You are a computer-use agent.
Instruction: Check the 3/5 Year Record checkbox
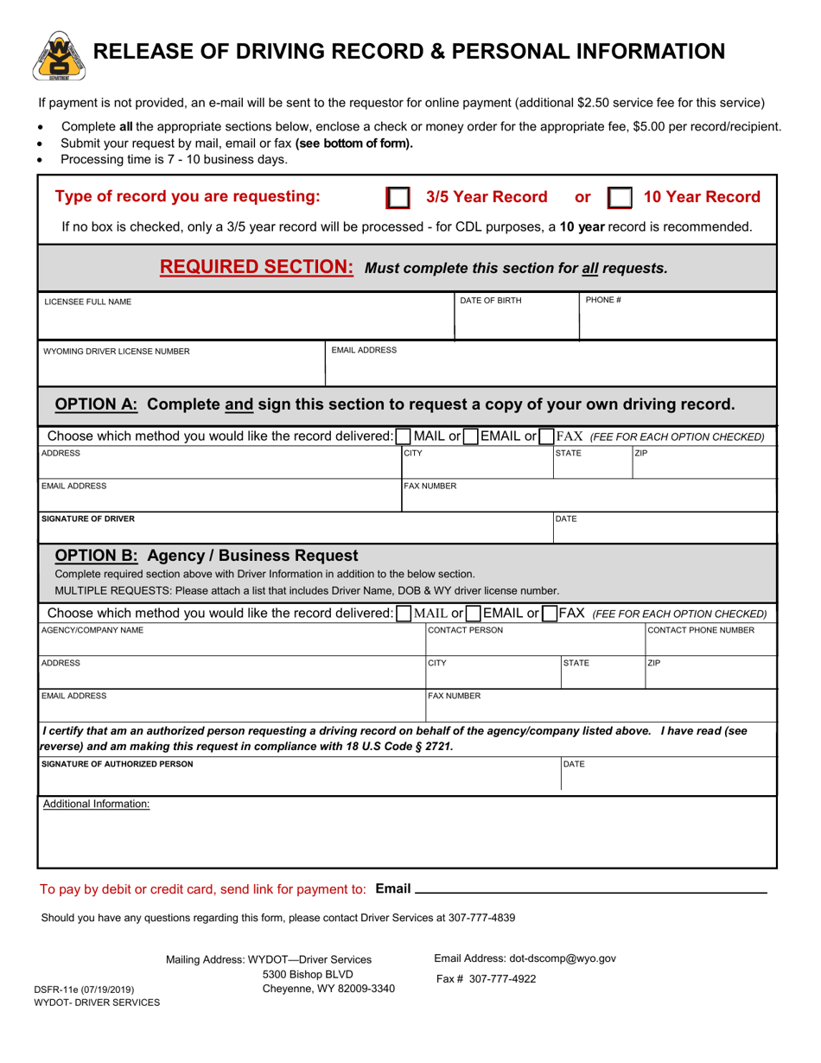(398, 199)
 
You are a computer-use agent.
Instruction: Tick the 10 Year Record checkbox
(620, 199)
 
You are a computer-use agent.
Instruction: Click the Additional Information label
(97, 804)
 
